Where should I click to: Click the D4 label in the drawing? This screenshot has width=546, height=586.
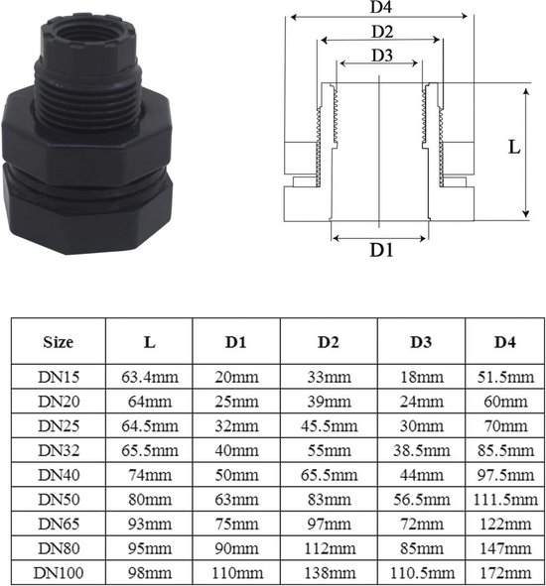tap(381, 7)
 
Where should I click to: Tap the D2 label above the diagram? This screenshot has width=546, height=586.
tap(382, 32)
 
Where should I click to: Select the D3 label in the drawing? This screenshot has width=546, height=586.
tap(382, 56)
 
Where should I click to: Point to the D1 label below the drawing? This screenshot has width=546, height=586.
tap(382, 250)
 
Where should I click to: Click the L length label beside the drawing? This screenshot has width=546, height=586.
tap(514, 147)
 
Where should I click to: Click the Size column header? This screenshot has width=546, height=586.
tap(58, 342)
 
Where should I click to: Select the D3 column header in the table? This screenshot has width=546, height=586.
tap(421, 342)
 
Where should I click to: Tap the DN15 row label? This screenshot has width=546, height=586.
tap(59, 377)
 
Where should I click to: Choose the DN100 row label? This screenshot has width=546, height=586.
tap(59, 572)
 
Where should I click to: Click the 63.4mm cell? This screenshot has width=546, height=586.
tap(150, 377)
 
